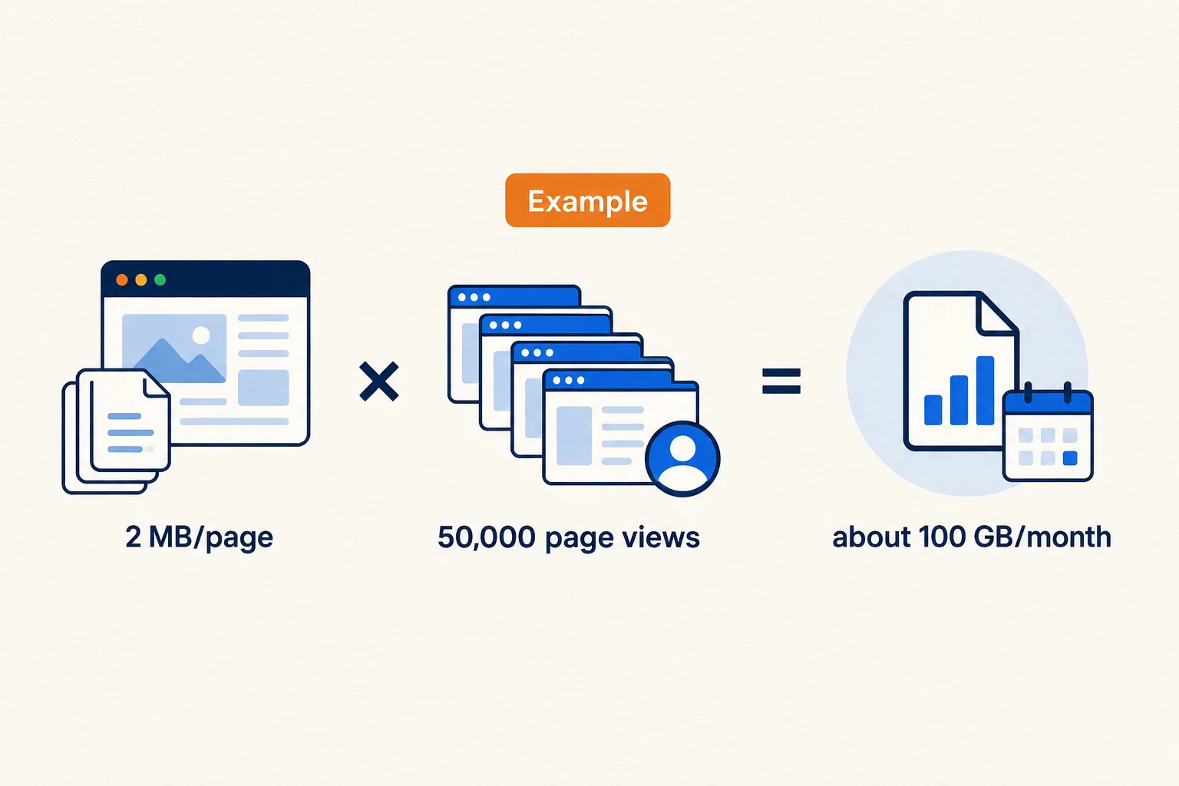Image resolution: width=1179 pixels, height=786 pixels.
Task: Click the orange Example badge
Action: tap(587, 200)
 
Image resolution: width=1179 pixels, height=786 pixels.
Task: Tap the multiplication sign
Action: tap(379, 381)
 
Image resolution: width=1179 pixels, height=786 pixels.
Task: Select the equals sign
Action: tap(781, 381)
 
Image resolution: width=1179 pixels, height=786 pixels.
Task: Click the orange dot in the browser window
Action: tap(122, 279)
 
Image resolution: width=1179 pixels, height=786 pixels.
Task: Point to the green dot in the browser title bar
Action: tap(160, 279)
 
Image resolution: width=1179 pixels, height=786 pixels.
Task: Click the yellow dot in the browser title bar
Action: tap(141, 279)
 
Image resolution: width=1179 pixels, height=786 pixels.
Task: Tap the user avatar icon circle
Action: tap(682, 458)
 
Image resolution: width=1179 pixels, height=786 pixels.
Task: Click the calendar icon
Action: tap(1048, 433)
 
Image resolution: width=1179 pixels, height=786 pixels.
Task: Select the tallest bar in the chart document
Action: tap(986, 390)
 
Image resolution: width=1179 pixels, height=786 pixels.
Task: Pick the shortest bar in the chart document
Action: tap(933, 410)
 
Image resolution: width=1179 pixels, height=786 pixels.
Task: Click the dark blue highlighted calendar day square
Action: tap(1070, 458)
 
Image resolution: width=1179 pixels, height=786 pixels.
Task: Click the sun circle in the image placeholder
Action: tap(201, 335)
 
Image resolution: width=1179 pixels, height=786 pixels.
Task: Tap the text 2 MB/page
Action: tap(199, 537)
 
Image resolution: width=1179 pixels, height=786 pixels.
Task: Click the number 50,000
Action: tap(487, 537)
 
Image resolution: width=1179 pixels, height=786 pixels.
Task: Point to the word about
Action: tap(871, 537)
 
